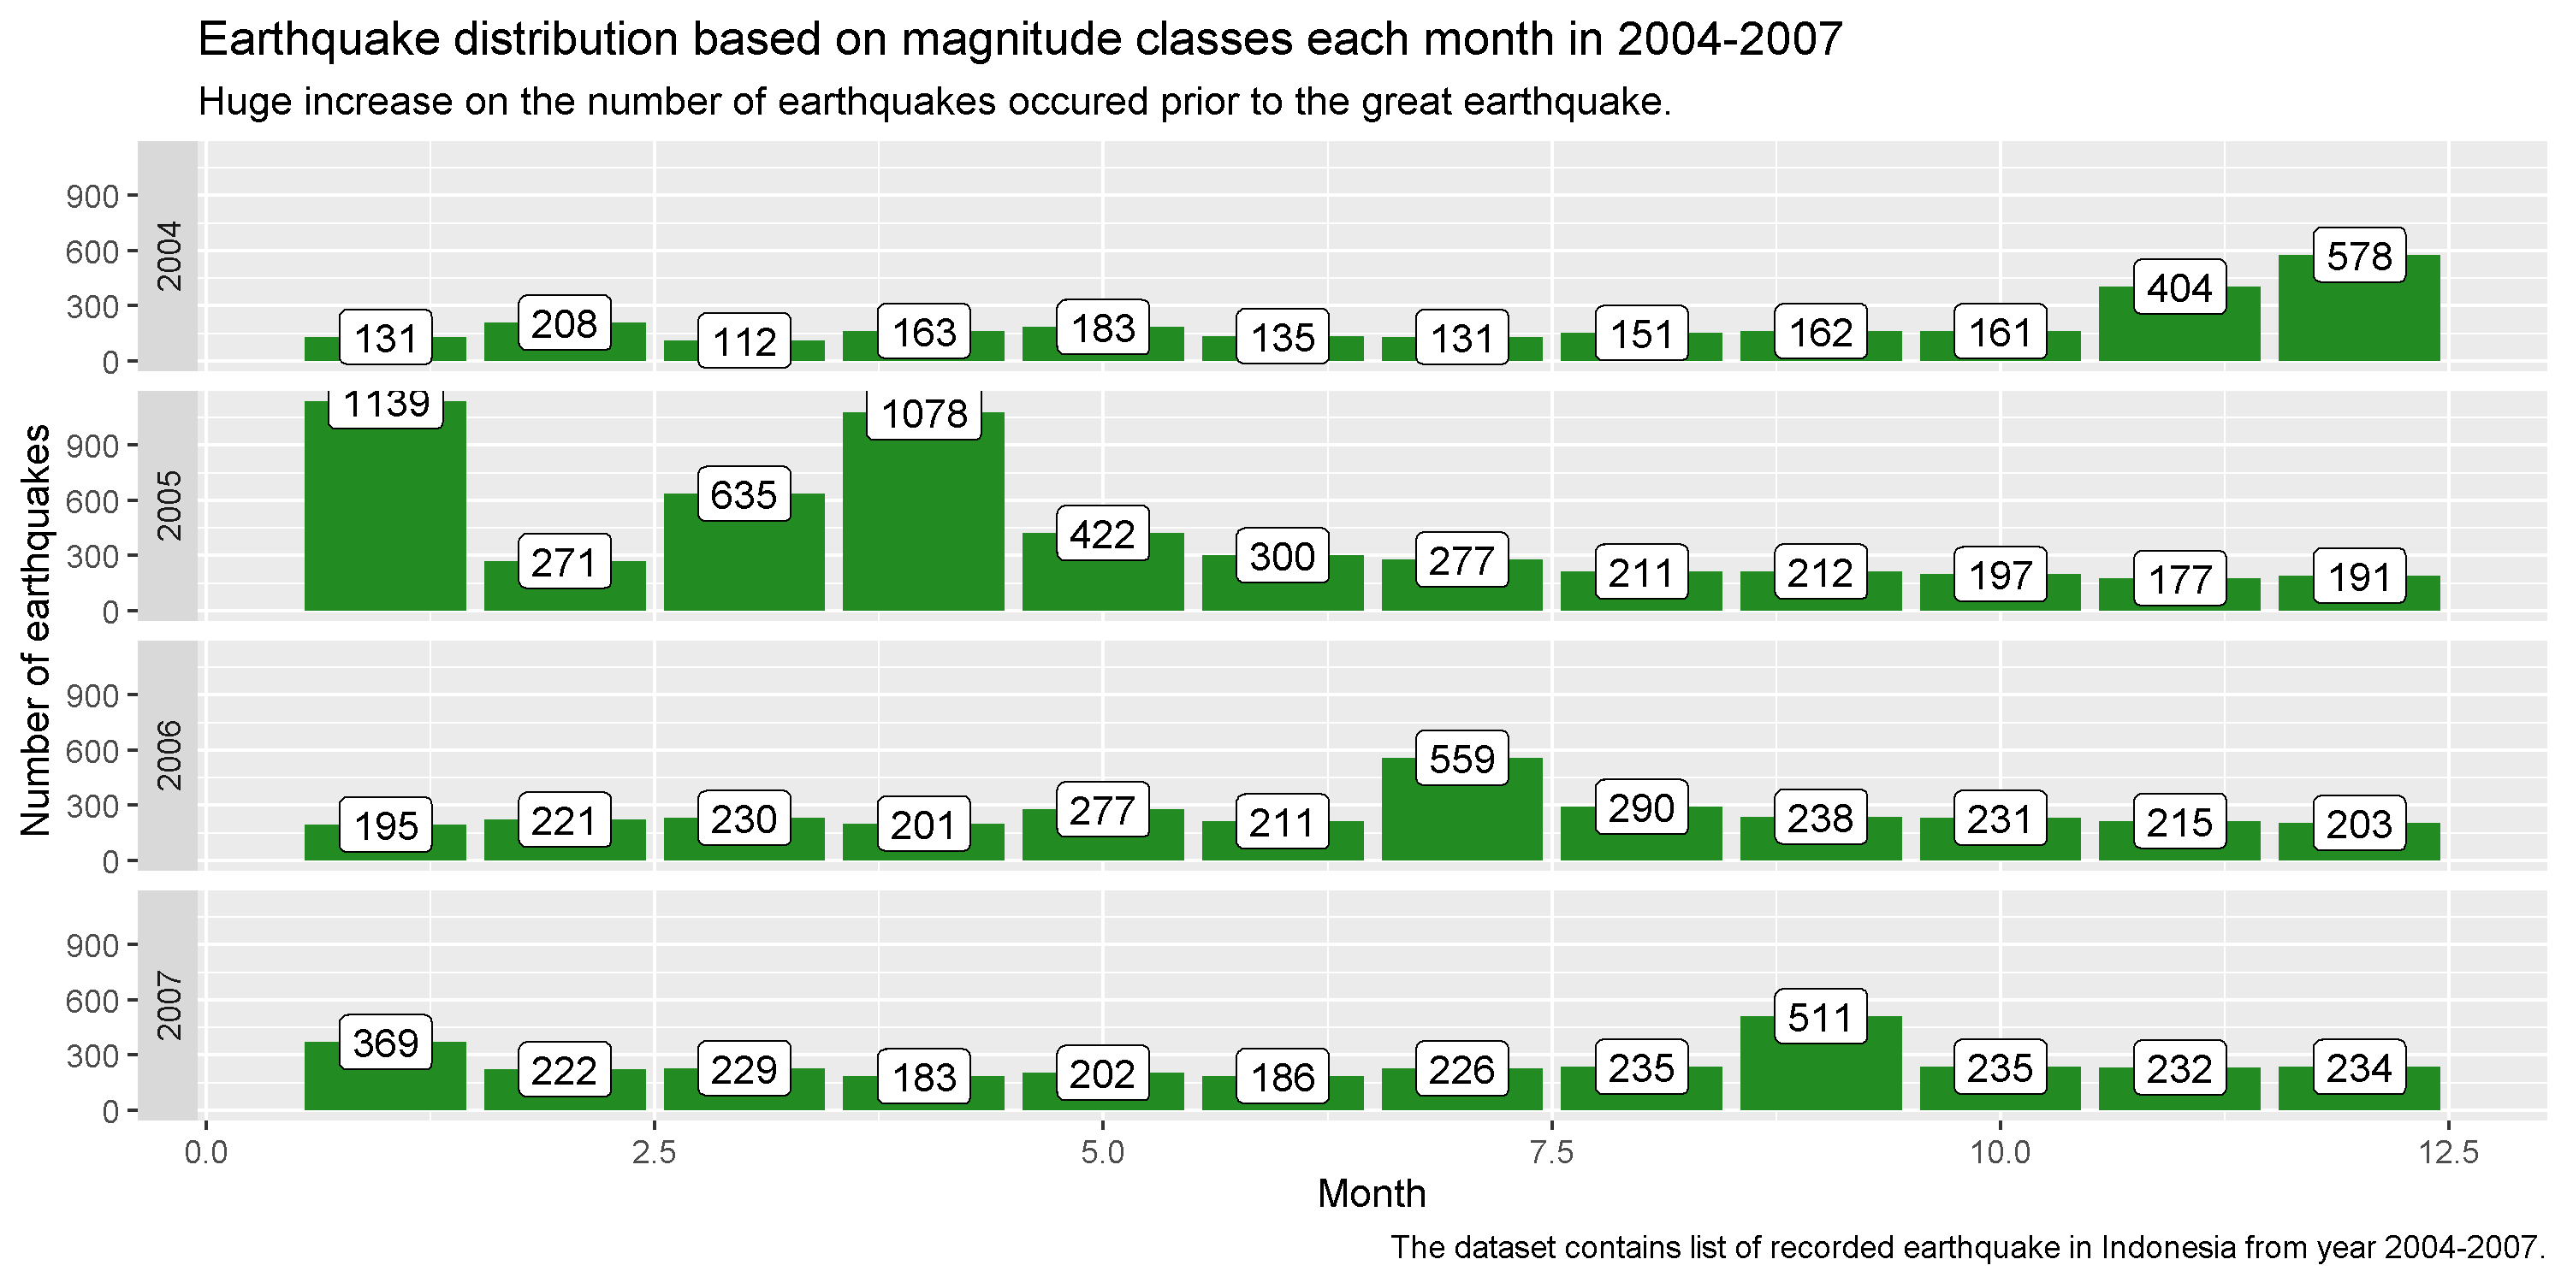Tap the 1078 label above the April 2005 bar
pos(924,413)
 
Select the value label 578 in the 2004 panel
pos(2359,256)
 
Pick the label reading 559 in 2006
pos(1461,759)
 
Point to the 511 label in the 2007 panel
pos(1821,1017)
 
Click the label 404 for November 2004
pos(2179,288)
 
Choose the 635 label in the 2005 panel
pos(744,494)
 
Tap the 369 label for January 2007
pos(386,1043)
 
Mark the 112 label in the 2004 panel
pos(744,341)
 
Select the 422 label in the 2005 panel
pos(1103,534)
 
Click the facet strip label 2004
pos(170,256)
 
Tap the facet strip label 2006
pos(170,755)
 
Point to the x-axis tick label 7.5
pos(1551,1154)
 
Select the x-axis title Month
pos(1372,1193)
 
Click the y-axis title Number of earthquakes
pos(36,630)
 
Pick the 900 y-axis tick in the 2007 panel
pos(92,945)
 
